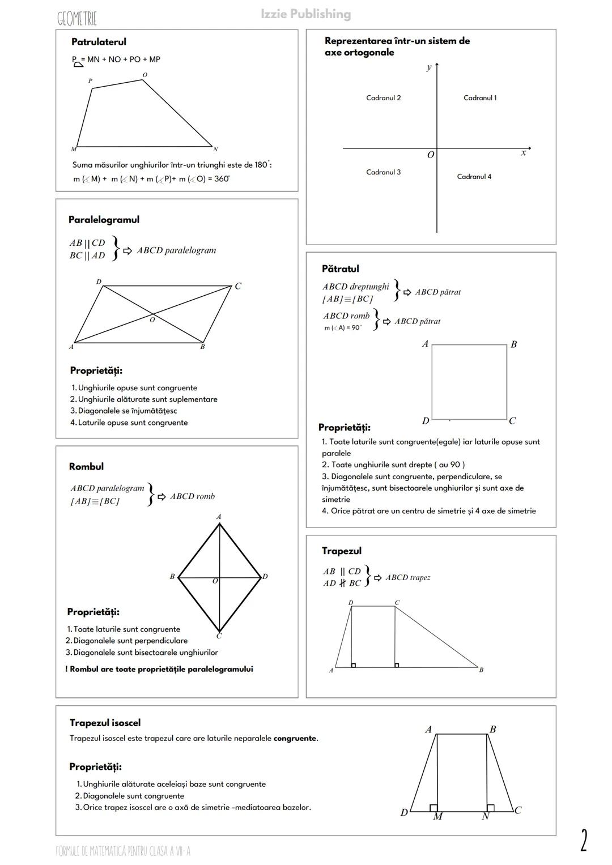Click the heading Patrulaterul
[x=99, y=42]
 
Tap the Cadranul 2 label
[x=383, y=98]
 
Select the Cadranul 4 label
[x=474, y=177]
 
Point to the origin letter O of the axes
[x=431, y=155]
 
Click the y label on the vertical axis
[x=429, y=67]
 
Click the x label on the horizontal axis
[x=523, y=153]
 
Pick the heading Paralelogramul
[x=104, y=220]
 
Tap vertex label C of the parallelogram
[x=238, y=287]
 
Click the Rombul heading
[x=86, y=467]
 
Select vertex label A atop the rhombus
[x=219, y=517]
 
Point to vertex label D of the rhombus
[x=265, y=577]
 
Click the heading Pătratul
[x=340, y=269]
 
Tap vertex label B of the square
[x=513, y=344]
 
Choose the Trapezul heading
[x=341, y=551]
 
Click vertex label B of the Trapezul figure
[x=481, y=670]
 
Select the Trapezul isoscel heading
[x=105, y=723]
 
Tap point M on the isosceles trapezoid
[x=437, y=817]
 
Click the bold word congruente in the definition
[x=295, y=739]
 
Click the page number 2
[x=584, y=840]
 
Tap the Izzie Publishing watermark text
[x=306, y=14]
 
